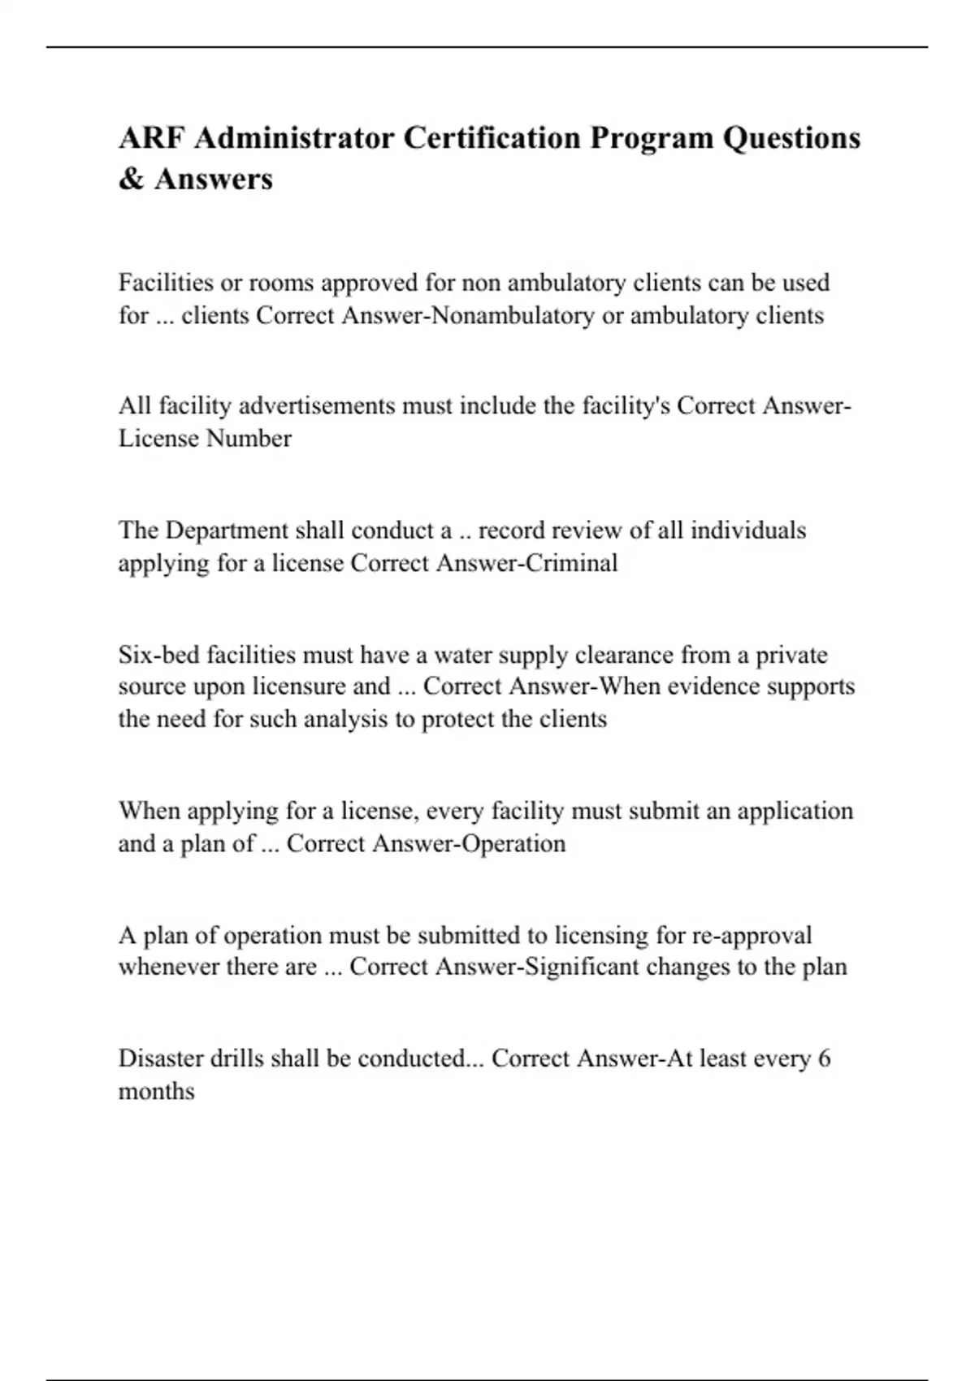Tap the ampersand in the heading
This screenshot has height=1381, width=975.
coord(130,180)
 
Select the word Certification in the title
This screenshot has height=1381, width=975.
coord(492,138)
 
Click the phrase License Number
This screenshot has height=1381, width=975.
coord(205,439)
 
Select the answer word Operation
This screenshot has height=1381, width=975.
coord(513,843)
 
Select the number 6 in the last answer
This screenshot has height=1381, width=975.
coord(824,1058)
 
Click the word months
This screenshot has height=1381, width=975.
coord(157,1091)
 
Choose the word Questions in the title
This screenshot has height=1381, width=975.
coord(791,138)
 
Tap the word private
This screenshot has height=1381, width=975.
coord(791,655)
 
